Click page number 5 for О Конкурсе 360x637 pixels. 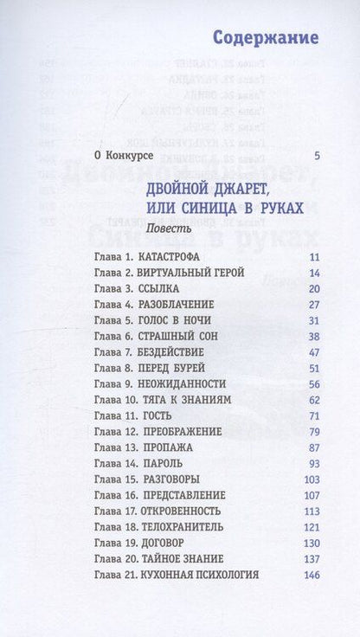coord(318,156)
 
